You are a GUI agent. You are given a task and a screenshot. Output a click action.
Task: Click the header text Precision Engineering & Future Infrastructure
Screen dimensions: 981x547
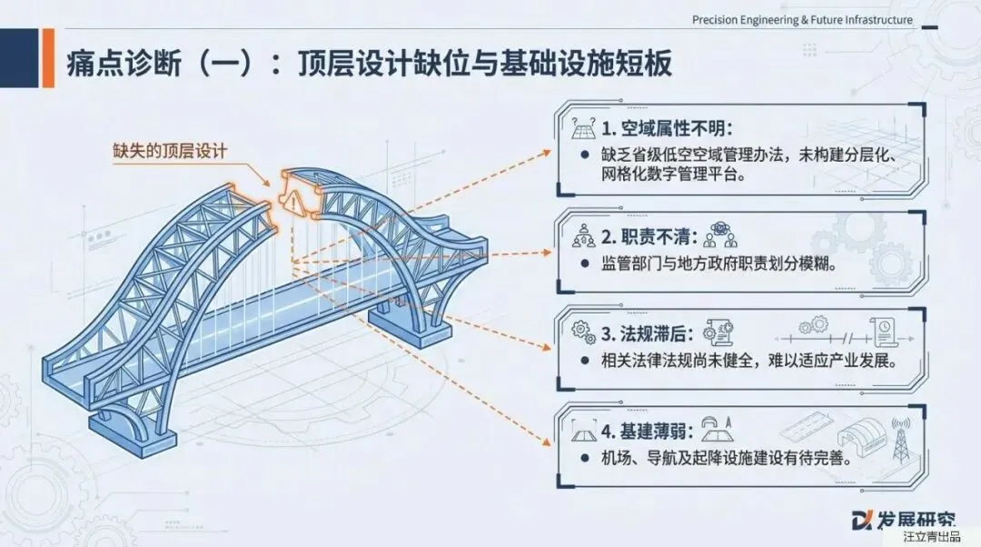[x=802, y=20]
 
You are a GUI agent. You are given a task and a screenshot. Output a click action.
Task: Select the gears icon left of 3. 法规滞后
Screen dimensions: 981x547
[x=582, y=329]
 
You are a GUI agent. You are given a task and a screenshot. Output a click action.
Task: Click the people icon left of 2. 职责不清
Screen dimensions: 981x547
[x=582, y=238]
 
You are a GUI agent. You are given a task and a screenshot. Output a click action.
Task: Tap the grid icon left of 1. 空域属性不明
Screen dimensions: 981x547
[x=582, y=129]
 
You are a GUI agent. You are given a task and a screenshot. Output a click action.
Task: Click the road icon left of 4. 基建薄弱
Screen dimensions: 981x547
[x=582, y=427]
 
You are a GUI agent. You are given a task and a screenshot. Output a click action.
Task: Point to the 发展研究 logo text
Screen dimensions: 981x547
[x=915, y=519]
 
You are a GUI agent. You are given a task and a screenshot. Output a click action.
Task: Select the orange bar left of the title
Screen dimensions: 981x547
[x=48, y=58]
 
